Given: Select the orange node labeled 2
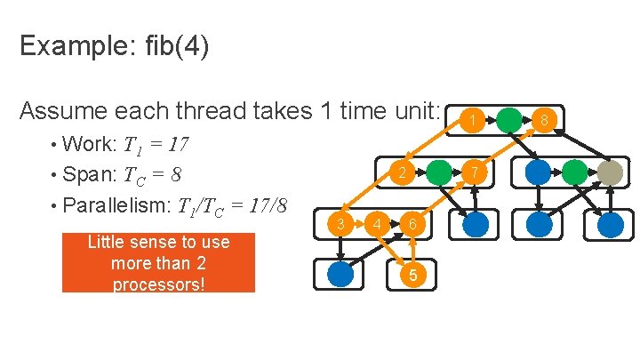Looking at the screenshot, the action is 402,172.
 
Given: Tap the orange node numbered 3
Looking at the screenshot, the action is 340,224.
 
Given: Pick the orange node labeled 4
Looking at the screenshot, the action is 377,224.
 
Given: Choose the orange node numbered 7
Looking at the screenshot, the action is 476,172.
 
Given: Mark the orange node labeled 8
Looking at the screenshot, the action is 544,120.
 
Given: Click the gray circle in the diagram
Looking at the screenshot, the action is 610,172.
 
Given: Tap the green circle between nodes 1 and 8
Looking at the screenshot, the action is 508,120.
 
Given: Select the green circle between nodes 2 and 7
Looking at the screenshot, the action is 438,172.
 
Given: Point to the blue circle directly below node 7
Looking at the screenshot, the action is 476,224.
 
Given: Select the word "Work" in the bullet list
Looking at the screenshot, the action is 86,145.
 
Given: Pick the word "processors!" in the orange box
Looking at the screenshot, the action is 157,284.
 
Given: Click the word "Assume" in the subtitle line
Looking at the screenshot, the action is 62,111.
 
